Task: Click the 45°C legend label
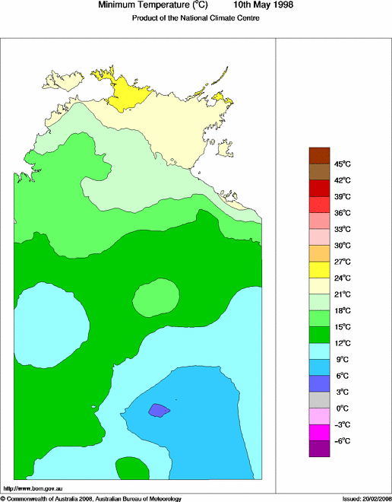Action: coord(321,164)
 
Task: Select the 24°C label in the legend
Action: coord(321,278)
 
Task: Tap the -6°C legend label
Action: coord(321,440)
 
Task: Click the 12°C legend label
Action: coord(321,343)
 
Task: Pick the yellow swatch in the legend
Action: coord(319,269)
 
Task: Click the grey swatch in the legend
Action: coord(319,399)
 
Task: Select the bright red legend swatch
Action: coord(319,204)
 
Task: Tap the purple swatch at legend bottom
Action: coord(319,449)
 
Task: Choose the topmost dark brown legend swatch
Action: coord(319,154)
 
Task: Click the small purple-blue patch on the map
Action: coord(158,410)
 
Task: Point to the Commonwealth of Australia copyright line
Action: coord(91,498)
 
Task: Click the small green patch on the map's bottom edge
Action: coord(131,469)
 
